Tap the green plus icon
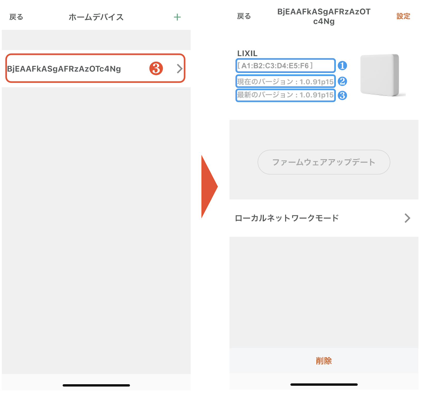pyautogui.click(x=177, y=17)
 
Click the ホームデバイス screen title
pyautogui.click(x=96, y=17)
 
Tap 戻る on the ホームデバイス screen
pyautogui.click(x=16, y=17)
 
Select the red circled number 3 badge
pyautogui.click(x=156, y=68)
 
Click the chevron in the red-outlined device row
pyautogui.click(x=180, y=69)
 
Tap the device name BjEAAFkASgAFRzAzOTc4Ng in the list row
pyautogui.click(x=64, y=69)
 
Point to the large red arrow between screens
pyautogui.click(x=209, y=187)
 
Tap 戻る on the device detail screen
pyautogui.click(x=244, y=16)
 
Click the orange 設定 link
pyautogui.click(x=403, y=16)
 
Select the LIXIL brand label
pyautogui.click(x=247, y=54)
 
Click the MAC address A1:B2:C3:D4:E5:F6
pyautogui.click(x=275, y=66)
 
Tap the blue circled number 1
pyautogui.click(x=342, y=65)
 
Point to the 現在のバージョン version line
pyautogui.click(x=285, y=82)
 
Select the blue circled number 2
pyautogui.click(x=342, y=81)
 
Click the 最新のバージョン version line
pyautogui.click(x=285, y=95)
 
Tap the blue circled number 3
pyautogui.click(x=342, y=95)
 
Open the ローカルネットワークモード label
pyautogui.click(x=287, y=218)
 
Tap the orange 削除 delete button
pyautogui.click(x=324, y=361)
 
